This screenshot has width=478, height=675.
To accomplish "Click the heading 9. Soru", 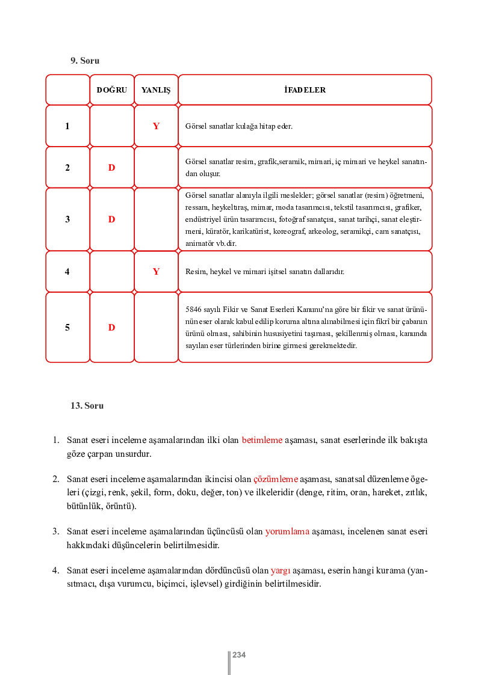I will (85, 61).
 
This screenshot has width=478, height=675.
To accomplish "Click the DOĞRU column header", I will (112, 90).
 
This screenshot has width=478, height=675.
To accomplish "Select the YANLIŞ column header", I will (156, 90).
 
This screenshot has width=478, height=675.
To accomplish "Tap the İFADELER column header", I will (305, 90).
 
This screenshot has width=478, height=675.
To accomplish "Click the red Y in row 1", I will (156, 126).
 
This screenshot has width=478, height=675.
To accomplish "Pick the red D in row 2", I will (111, 168).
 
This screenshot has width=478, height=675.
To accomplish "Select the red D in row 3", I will (111, 219).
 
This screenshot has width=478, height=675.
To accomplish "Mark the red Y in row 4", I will (156, 272).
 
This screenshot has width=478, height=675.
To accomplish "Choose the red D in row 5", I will (111, 328).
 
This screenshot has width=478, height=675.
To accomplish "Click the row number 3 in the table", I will (67, 219).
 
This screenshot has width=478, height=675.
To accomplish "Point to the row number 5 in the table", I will (67, 328).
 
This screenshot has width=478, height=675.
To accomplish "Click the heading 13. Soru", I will (87, 406).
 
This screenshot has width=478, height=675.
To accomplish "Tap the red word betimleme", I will (262, 440).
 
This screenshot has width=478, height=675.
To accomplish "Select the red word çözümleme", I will (276, 479).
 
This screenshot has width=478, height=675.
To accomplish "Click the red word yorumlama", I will (287, 531).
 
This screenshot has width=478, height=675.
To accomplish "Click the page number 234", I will (239, 655).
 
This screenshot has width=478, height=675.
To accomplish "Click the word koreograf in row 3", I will (288, 231).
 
